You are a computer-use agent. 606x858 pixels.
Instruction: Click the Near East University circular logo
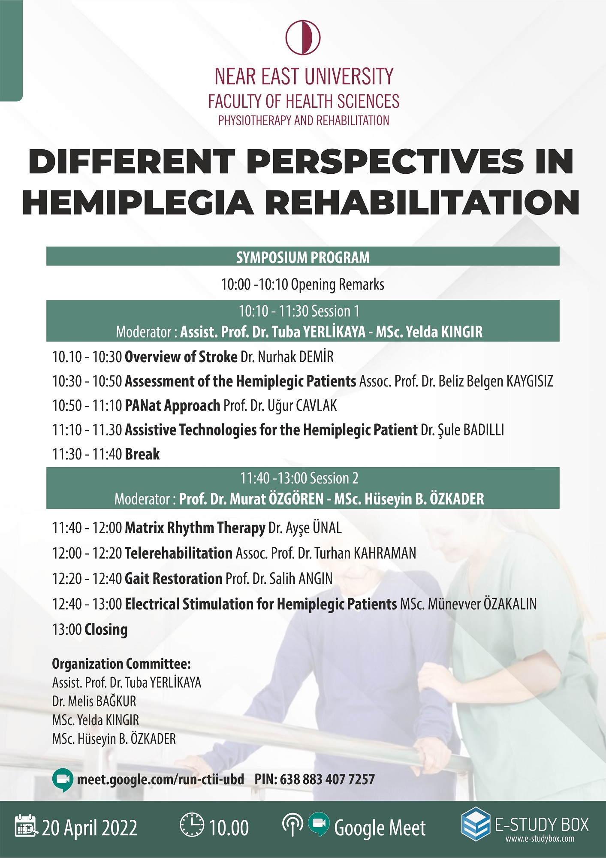(303, 37)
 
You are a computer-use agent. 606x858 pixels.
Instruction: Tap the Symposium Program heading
(303, 257)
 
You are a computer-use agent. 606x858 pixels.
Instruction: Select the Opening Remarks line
(303, 284)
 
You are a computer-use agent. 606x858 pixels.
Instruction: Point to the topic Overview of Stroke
(181, 356)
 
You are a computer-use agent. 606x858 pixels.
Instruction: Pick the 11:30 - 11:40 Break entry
(106, 454)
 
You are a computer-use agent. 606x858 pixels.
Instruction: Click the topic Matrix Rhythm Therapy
(195, 528)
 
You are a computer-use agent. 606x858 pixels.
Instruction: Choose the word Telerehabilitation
(178, 553)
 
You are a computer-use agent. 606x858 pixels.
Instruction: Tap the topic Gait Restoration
(173, 578)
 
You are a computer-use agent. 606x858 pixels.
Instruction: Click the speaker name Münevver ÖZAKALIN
(482, 604)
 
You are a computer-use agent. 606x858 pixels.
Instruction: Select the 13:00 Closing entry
(90, 630)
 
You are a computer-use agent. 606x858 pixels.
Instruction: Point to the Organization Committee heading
(121, 664)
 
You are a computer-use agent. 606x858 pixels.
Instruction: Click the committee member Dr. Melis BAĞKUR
(94, 701)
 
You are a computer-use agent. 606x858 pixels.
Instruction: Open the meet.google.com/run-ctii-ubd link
(160, 779)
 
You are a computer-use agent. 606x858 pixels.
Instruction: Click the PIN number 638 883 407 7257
(327, 779)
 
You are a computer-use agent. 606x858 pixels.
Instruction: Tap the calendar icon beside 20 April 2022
(27, 825)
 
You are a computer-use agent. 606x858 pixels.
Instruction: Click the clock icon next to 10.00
(192, 825)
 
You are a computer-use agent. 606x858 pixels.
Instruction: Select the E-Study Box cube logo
(476, 823)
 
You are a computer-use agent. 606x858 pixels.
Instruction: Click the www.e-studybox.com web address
(540, 839)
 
